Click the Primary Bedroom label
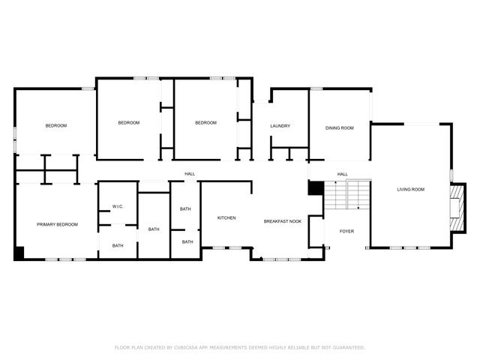click(58, 224)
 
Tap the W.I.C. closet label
click(118, 206)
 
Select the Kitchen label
click(226, 218)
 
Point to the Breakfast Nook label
click(282, 222)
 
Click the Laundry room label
click(280, 126)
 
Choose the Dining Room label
click(339, 128)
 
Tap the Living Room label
click(410, 190)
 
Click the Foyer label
click(346, 231)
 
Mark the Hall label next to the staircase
click(342, 175)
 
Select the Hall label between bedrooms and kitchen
click(190, 175)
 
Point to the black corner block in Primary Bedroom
click(19, 253)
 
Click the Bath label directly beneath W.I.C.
click(118, 245)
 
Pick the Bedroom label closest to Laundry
click(205, 123)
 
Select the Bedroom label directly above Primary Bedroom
click(55, 126)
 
